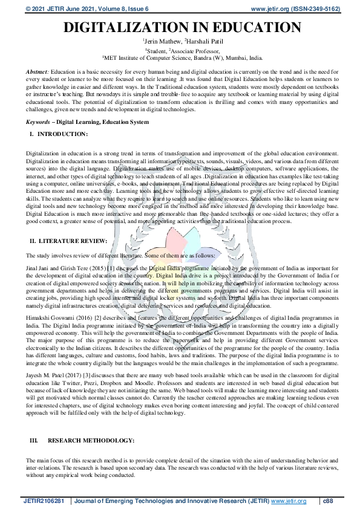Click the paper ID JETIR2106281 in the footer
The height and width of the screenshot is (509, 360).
(x=46, y=501)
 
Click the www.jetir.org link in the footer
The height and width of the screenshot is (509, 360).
(x=289, y=501)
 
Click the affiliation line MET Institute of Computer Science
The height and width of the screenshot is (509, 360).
(x=183, y=59)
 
